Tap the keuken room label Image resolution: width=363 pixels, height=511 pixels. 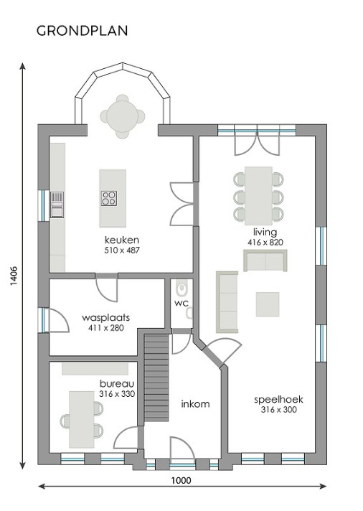121,240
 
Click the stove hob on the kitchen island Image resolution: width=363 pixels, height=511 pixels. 110,197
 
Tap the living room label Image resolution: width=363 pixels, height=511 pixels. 265,233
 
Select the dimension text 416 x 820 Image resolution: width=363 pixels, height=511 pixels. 265,243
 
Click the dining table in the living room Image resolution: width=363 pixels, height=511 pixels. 258,195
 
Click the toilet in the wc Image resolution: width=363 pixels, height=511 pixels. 181,289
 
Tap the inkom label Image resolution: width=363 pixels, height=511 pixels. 195,403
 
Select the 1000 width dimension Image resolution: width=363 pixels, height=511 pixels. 181,482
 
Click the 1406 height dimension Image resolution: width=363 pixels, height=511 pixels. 14,276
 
